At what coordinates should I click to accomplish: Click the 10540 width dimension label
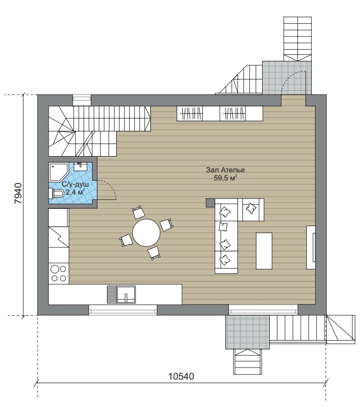click(x=181, y=376)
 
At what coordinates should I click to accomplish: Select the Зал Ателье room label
click(x=226, y=170)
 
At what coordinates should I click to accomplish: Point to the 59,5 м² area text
click(x=226, y=178)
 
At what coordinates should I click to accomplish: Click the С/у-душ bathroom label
click(x=75, y=184)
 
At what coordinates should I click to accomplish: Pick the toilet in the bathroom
click(x=57, y=194)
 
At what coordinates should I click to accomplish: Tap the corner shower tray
click(x=58, y=172)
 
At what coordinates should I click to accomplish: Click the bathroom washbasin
click(x=80, y=166)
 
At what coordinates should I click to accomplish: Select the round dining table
click(x=146, y=233)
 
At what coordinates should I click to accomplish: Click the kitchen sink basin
click(x=126, y=294)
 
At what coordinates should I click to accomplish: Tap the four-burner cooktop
click(x=59, y=273)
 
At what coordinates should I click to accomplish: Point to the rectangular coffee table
click(x=264, y=251)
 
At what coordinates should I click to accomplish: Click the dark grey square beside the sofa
click(x=210, y=203)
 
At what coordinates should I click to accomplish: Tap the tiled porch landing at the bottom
click(x=247, y=332)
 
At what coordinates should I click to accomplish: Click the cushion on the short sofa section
click(x=251, y=208)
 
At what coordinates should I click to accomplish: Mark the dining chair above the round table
click(x=138, y=212)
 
